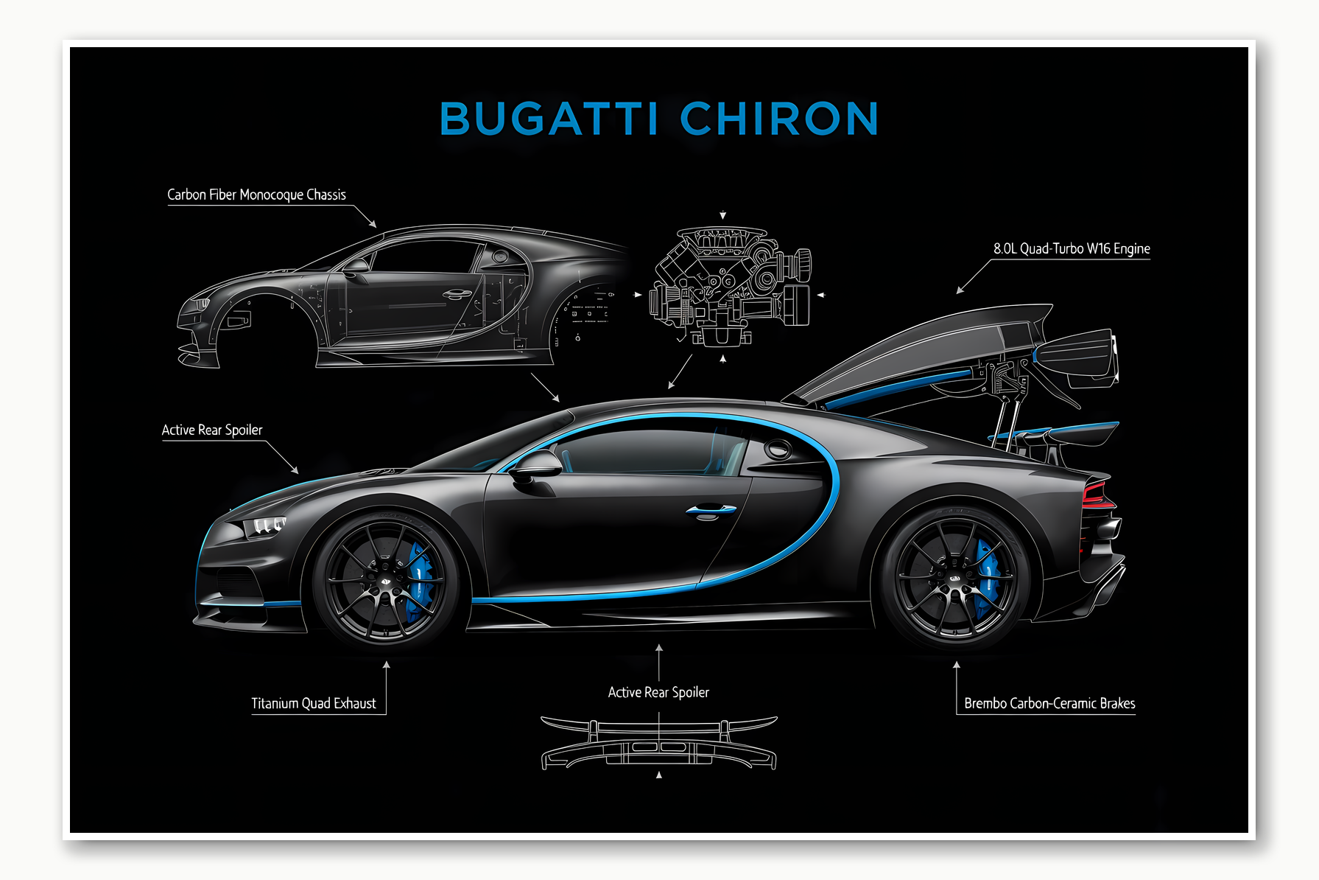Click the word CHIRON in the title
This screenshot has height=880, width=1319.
[779, 119]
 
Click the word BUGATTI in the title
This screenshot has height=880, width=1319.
[549, 119]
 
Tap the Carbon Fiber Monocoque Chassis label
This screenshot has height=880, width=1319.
[256, 195]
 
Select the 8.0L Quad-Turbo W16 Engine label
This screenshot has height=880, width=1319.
[1072, 248]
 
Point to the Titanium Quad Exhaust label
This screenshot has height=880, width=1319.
[314, 703]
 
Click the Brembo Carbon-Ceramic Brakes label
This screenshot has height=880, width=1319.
[1049, 703]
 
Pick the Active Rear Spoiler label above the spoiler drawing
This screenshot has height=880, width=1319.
[658, 692]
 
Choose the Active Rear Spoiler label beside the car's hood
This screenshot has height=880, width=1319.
[212, 430]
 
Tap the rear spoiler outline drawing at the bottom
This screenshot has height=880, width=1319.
[658, 743]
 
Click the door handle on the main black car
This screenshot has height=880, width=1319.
[710, 510]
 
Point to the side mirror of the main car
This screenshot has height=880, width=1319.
[536, 466]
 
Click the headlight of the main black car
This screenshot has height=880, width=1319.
[265, 526]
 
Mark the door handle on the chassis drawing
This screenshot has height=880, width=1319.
[457, 295]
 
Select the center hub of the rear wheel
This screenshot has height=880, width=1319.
[954, 579]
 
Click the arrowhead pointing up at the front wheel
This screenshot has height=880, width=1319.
[386, 665]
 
